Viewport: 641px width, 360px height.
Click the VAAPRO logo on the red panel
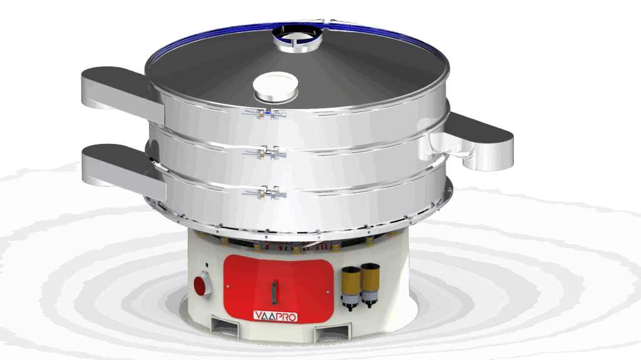tap(275, 316)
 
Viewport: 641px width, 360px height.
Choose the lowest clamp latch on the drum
tap(266, 192)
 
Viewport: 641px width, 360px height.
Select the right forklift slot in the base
tap(330, 331)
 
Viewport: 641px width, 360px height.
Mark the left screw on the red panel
tap(228, 287)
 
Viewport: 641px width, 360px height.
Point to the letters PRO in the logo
tap(285, 316)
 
